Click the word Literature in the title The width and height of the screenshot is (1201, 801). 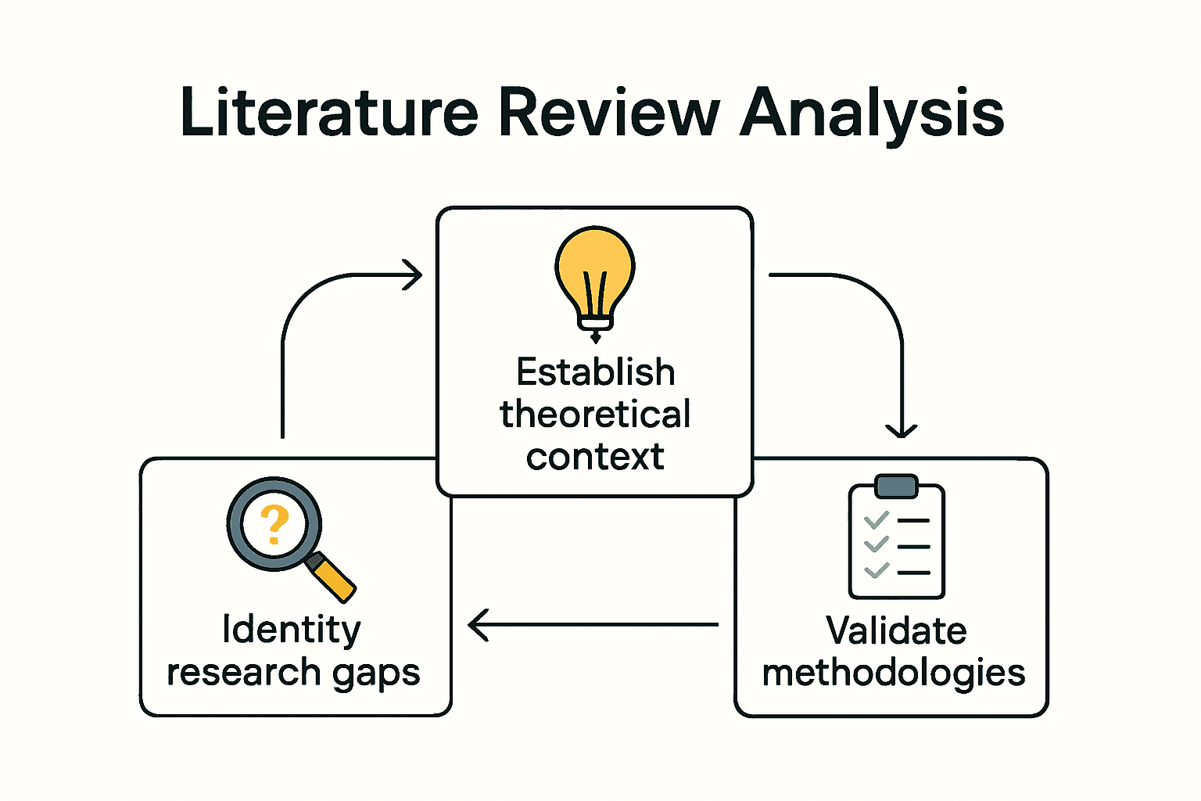[x=328, y=113]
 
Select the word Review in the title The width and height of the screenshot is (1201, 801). [x=608, y=113]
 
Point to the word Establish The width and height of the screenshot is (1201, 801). [x=595, y=372]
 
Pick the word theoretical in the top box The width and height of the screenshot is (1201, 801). [x=595, y=415]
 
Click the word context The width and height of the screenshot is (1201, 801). [x=595, y=457]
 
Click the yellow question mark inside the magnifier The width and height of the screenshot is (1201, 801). [x=274, y=525]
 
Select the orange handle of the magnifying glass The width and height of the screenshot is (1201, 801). [x=334, y=579]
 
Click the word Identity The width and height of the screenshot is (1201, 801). [x=292, y=630]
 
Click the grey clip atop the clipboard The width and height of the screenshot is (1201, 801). [x=896, y=486]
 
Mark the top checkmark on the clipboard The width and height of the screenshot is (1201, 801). [x=876, y=519]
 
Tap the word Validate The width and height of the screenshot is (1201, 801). [x=896, y=630]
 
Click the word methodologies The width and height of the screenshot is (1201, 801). [x=894, y=673]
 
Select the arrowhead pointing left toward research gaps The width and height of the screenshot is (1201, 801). [x=478, y=625]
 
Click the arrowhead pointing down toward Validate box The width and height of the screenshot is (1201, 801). [x=901, y=429]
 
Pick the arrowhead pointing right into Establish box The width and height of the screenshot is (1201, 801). [x=414, y=275]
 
